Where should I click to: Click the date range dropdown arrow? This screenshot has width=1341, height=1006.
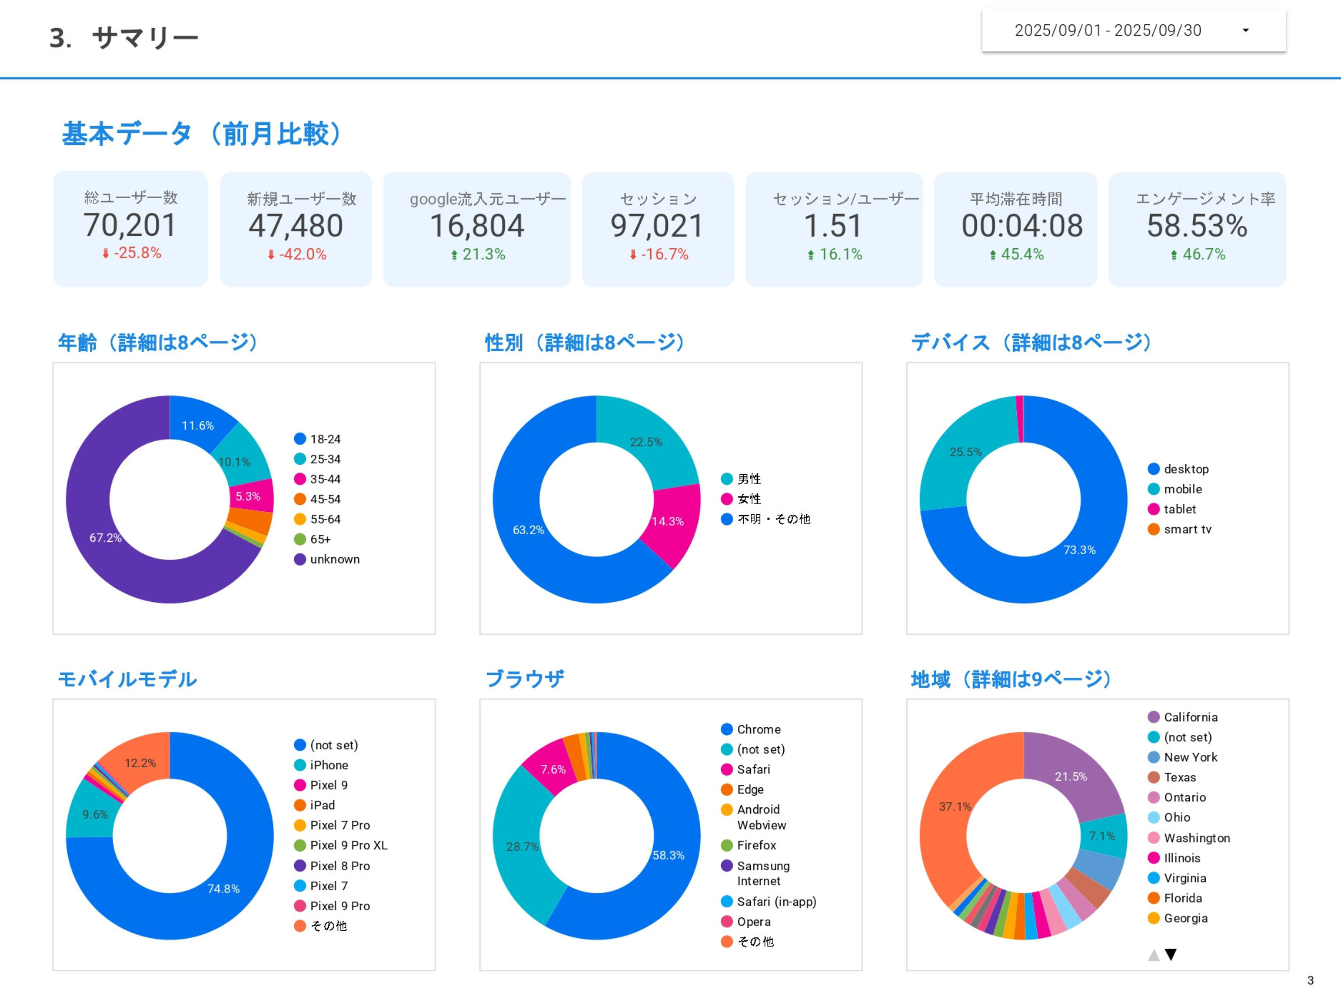(x=1245, y=30)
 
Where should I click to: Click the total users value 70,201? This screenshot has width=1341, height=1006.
(x=130, y=225)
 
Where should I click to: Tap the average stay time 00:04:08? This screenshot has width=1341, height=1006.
(x=1022, y=226)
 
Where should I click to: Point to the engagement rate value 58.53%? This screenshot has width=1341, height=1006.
(x=1197, y=226)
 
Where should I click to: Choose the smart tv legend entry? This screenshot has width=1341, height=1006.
(x=1187, y=529)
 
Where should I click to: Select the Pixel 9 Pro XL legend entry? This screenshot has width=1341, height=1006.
(x=348, y=845)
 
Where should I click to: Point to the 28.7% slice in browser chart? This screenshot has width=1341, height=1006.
(x=522, y=847)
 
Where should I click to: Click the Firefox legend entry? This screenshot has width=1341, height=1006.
(x=756, y=845)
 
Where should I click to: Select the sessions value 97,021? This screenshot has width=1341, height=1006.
(x=656, y=226)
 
